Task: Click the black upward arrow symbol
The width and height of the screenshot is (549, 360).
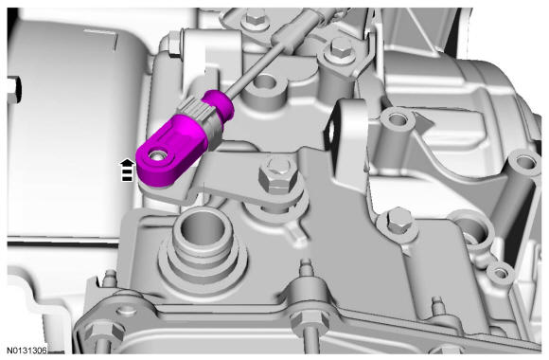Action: click(127, 170)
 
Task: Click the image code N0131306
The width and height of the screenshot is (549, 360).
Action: click(27, 351)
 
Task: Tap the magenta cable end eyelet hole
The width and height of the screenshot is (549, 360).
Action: click(156, 155)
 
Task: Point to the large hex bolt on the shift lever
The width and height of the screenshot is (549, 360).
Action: click(278, 176)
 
